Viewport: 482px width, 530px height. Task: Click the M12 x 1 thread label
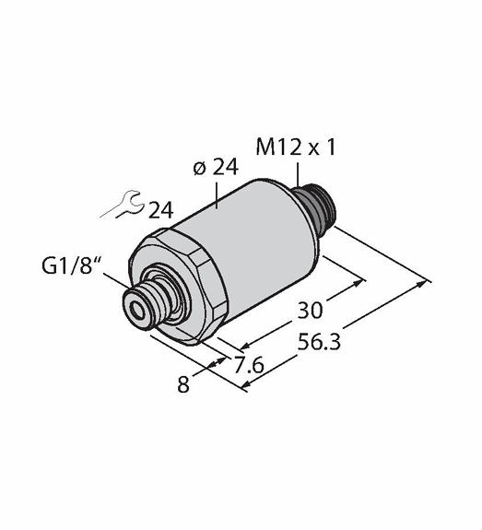click(x=296, y=147)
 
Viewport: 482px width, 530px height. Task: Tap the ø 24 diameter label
click(x=216, y=168)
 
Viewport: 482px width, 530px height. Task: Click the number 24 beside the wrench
click(x=161, y=210)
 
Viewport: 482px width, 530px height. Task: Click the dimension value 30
click(x=310, y=310)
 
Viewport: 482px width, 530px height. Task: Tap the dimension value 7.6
click(x=249, y=365)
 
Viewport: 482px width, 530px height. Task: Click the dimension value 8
click(x=183, y=384)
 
